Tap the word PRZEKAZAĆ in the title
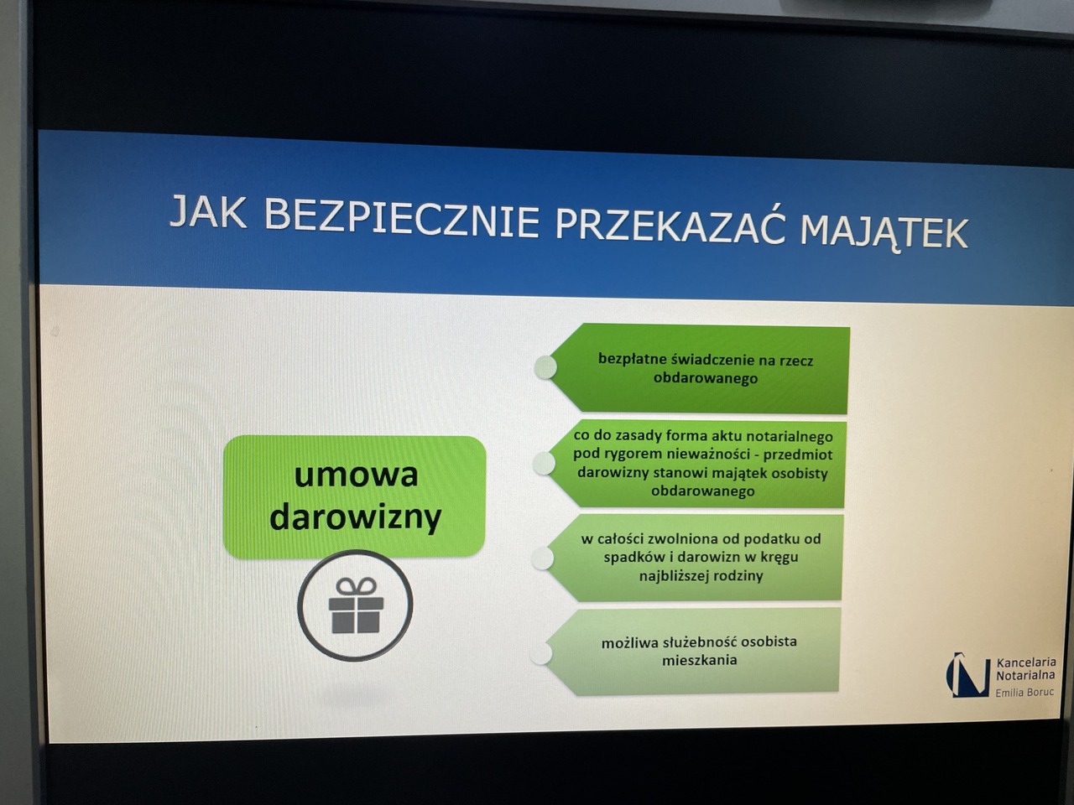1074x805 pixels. [669, 226]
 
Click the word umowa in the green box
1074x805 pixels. [357, 475]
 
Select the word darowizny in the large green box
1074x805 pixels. [355, 517]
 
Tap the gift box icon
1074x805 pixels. [356, 605]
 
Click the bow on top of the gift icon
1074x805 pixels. [357, 586]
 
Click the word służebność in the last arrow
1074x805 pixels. [700, 641]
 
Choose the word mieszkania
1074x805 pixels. [699, 660]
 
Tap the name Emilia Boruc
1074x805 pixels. [1024, 692]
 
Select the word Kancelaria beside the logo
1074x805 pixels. [1026, 662]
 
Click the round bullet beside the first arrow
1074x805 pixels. [545, 366]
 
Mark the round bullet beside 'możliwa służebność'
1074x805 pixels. [540, 653]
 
